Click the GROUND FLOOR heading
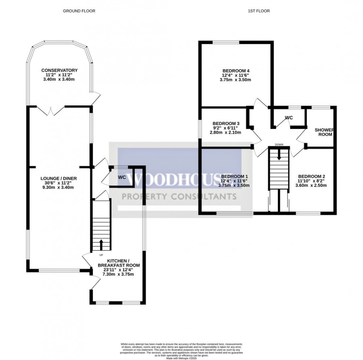pos(79,11)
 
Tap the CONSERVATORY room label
pos(59,71)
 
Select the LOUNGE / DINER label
pos(58,178)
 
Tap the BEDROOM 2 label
pos(312,176)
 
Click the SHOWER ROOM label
pos(324,132)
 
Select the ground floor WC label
pos(122,177)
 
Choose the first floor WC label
pos(289,118)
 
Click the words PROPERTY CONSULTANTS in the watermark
pos(179,197)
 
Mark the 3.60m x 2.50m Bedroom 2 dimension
pos(312,185)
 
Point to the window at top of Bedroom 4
pos(225,42)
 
